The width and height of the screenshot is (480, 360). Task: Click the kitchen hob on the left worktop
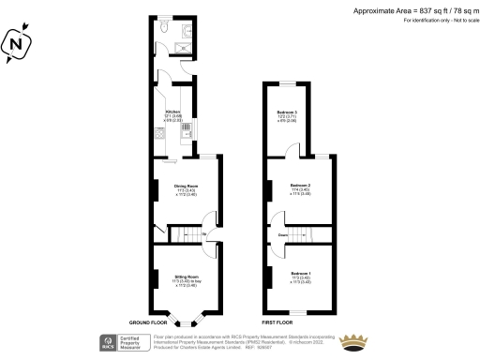click(159, 134)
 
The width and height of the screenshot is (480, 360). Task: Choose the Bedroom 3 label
click(286, 113)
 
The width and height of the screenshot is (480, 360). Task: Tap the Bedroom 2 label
click(299, 188)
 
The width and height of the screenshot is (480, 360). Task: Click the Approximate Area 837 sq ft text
click(411, 10)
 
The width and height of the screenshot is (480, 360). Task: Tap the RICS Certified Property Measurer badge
click(124, 341)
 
